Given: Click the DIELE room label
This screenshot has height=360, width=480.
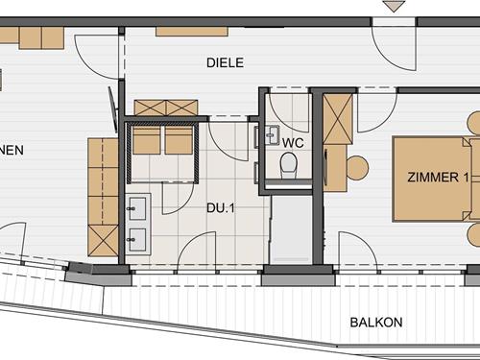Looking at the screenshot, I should point(226,63).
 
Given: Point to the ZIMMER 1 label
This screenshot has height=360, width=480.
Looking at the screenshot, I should point(438,178).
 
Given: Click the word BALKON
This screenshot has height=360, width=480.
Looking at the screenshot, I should point(375,323).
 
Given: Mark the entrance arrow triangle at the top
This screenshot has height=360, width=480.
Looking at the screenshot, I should point(393,7).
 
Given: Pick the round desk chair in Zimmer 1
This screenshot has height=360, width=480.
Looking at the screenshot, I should point(356,167).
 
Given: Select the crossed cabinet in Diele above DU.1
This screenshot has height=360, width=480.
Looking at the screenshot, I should point(165,108).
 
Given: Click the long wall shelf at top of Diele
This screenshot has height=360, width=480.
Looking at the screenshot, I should point(191,31).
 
